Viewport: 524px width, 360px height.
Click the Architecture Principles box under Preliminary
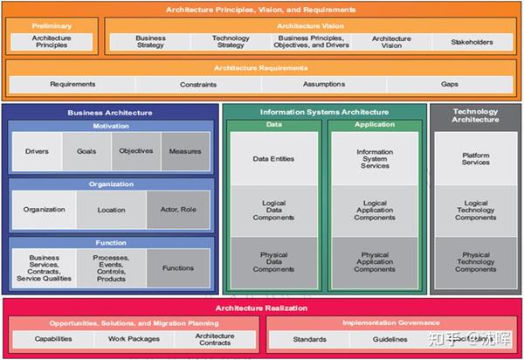tap(52, 42)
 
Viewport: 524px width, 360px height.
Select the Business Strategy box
tap(150, 42)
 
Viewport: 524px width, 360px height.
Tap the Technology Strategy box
tap(231, 42)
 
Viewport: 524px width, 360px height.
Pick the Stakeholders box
tap(472, 42)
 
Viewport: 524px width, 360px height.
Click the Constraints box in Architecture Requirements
tap(199, 85)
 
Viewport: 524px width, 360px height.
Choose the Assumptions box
tap(323, 85)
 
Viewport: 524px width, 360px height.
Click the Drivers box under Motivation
tap(37, 151)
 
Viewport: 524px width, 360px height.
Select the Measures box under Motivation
tap(185, 151)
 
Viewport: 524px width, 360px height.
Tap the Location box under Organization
tap(111, 210)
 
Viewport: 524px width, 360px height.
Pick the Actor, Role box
tap(178, 210)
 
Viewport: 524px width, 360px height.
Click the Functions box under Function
tap(178, 268)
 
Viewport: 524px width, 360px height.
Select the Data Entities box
tap(273, 158)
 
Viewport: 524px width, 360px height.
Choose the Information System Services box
tap(375, 158)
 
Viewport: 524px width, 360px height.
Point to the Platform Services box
tap(475, 158)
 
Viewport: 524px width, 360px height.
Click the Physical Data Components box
tap(273, 262)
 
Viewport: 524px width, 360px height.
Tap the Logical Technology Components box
tap(475, 211)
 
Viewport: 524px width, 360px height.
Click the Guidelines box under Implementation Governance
tap(390, 338)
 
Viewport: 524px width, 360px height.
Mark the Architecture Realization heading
tap(261, 307)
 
